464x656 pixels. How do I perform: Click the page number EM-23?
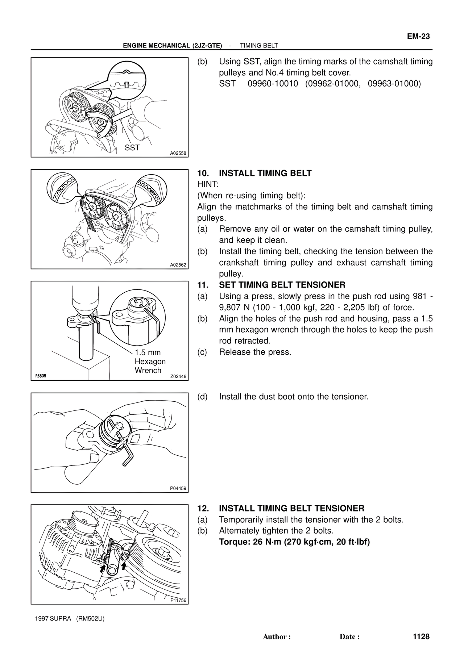click(418, 37)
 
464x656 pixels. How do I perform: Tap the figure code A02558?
click(178, 153)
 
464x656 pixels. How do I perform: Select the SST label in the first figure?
click(132, 148)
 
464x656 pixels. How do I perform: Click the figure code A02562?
click(178, 265)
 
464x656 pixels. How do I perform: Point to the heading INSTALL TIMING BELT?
click(265, 173)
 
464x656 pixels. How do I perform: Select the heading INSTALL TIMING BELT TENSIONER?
click(291, 509)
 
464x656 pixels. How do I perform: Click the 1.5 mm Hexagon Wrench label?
click(150, 361)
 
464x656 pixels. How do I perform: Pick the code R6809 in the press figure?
click(41, 376)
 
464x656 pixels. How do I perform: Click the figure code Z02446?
click(178, 376)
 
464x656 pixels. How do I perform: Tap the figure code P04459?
click(178, 488)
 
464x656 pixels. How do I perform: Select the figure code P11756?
click(178, 600)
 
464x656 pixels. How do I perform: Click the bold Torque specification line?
click(294, 542)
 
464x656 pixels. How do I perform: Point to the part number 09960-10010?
click(273, 84)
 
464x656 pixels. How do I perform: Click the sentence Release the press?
click(255, 352)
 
